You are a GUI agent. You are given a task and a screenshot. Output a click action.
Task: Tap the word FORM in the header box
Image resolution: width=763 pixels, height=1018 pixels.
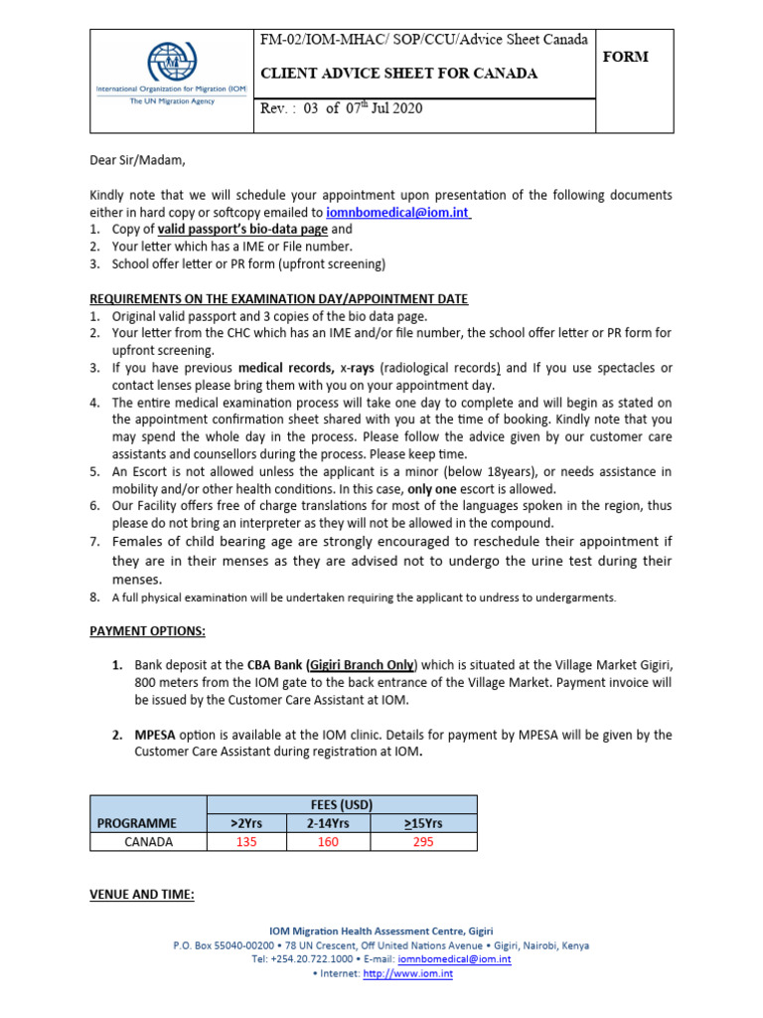tap(626, 57)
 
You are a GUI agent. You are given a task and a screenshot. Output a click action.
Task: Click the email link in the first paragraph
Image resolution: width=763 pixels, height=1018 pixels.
tap(398, 212)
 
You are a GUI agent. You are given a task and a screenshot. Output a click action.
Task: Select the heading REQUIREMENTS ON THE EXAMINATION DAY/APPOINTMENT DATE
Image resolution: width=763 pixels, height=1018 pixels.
tap(278, 298)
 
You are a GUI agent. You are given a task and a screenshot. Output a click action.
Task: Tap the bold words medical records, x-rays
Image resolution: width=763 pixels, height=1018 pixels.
tap(304, 368)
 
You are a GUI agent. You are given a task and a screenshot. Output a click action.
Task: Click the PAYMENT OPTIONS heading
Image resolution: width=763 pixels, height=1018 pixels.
tap(147, 630)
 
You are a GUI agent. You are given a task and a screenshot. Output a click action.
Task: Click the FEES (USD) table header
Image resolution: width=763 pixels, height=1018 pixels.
tap(341, 804)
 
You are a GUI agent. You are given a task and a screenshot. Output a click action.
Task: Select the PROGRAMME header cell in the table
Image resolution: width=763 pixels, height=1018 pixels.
tap(137, 823)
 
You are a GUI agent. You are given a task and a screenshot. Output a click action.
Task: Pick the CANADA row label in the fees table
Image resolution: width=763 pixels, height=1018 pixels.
tap(148, 842)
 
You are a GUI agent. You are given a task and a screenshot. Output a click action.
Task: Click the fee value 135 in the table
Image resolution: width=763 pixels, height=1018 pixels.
tap(245, 842)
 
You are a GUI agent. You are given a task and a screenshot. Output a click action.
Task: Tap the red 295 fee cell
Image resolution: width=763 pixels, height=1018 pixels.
tap(422, 842)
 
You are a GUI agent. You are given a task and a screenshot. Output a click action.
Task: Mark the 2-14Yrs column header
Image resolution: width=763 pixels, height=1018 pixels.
tap(327, 823)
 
